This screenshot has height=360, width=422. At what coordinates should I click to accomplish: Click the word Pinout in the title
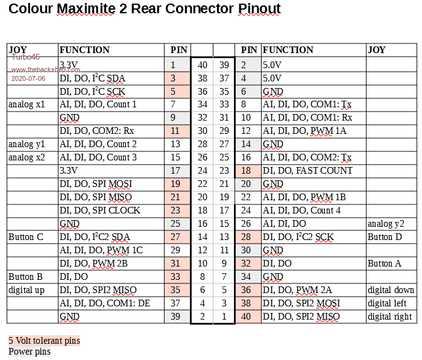tap(259, 8)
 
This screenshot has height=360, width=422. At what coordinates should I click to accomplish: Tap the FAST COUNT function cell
tap(307, 171)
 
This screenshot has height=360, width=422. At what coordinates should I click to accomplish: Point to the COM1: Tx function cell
tap(307, 104)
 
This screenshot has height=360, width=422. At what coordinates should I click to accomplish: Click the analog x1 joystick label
tap(27, 104)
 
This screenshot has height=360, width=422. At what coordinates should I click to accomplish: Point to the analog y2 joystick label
tap(386, 224)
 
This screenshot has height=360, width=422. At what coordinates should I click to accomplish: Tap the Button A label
tap(385, 264)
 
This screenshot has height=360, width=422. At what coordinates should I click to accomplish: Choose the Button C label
tap(25, 237)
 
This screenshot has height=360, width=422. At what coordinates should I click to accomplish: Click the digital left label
tap(387, 303)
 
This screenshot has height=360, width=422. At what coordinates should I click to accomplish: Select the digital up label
tap(27, 290)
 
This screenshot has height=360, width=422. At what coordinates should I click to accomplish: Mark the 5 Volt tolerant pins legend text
tap(44, 341)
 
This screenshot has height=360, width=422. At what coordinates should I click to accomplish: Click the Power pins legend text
tap(30, 352)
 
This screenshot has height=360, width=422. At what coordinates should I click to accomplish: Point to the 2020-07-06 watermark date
tap(28, 78)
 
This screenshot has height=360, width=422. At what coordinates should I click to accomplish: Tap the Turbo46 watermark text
tap(26, 57)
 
